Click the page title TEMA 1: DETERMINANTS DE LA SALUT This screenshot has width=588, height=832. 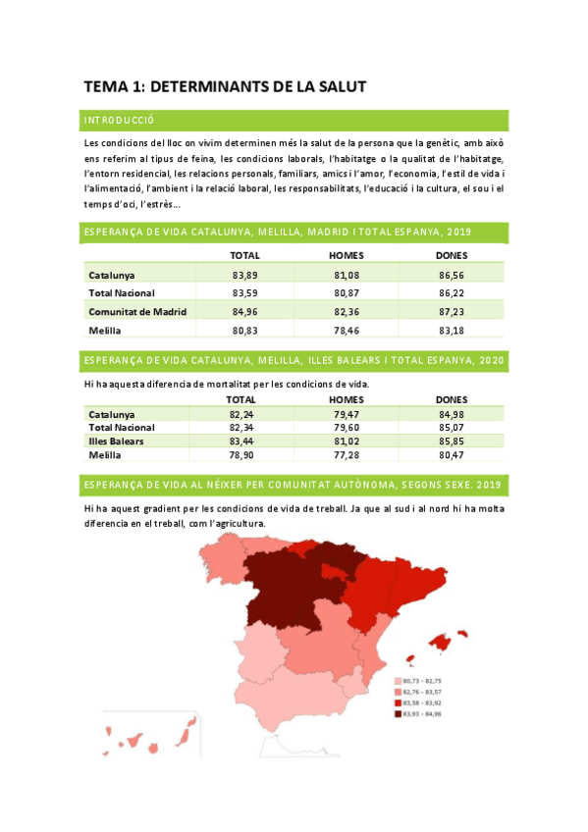225,87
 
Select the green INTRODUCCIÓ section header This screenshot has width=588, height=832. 120,120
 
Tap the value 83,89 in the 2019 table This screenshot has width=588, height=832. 244,276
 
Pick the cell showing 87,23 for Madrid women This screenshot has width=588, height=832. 451,312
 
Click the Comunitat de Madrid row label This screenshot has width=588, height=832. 137,312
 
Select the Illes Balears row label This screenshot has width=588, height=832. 116,442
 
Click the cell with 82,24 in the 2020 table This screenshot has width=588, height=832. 241,415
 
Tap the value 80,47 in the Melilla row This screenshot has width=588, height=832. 451,455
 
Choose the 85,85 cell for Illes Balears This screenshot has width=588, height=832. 451,442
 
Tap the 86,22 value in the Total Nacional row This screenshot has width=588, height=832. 451,293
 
